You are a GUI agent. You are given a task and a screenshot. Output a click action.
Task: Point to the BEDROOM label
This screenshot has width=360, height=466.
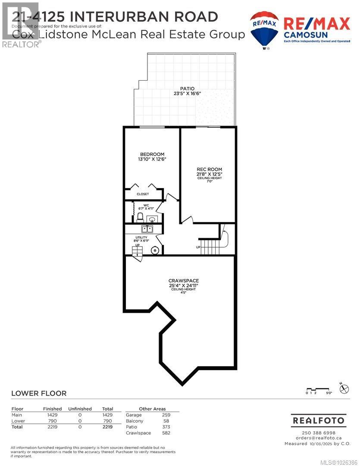(x=152, y=154)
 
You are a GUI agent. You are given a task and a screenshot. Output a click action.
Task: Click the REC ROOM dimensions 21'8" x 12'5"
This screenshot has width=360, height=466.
(x=209, y=174)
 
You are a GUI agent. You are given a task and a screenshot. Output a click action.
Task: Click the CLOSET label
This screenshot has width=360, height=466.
(x=143, y=194)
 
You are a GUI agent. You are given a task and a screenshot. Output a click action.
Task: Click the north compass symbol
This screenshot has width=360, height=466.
(x=344, y=388)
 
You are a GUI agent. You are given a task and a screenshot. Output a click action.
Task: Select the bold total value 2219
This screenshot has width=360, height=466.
(x=107, y=427)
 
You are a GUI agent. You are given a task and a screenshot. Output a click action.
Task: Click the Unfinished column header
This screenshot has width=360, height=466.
(x=80, y=409)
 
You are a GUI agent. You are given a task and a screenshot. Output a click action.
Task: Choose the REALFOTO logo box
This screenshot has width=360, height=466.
(x=319, y=420)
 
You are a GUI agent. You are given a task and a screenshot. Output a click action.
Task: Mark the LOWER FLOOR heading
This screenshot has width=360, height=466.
(x=39, y=393)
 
